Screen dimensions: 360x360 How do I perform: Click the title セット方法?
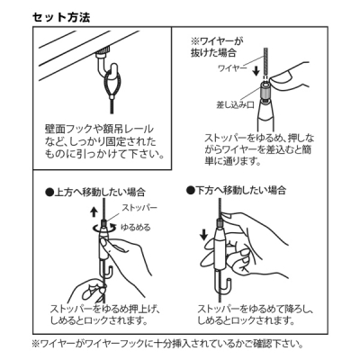[x=61, y=17]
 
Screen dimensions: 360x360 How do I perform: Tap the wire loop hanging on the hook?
[x=112, y=85]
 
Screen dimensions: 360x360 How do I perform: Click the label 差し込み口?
[x=235, y=105]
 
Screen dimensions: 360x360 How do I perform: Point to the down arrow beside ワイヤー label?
[x=256, y=71]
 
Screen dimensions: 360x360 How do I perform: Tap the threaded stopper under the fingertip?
[x=265, y=91]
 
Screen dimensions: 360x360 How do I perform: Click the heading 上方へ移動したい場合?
[x=94, y=193]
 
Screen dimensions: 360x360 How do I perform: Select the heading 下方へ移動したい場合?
[x=236, y=190]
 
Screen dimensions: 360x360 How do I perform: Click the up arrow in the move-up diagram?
[x=94, y=211]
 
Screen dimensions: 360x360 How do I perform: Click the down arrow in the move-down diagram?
[x=203, y=234]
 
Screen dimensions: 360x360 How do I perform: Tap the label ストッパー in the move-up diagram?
[x=139, y=208]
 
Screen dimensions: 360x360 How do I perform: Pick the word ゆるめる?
[x=135, y=227]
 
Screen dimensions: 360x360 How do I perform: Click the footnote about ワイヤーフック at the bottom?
[x=167, y=343]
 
